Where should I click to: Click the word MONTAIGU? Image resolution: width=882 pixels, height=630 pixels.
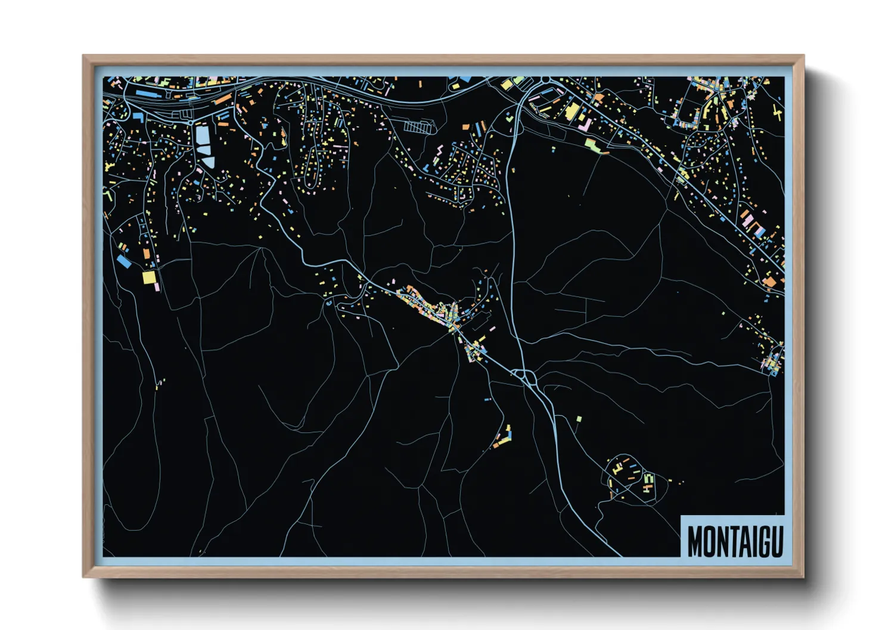pyautogui.click(x=735, y=541)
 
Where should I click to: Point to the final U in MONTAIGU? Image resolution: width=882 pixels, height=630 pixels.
pyautogui.click(x=776, y=541)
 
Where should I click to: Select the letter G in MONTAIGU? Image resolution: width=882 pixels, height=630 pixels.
pyautogui.click(x=762, y=541)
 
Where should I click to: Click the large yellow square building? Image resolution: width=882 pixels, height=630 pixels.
pyautogui.click(x=149, y=277)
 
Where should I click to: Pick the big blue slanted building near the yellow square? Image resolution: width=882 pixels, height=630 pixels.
pyautogui.click(x=124, y=261)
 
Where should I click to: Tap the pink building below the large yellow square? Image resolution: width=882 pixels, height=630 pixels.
pyautogui.click(x=157, y=287)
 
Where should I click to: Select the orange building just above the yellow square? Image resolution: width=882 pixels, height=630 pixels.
pyautogui.click(x=146, y=254)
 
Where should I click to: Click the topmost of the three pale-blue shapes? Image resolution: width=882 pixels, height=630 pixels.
pyautogui.click(x=203, y=136)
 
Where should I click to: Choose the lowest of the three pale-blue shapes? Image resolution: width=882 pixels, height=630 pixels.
pyautogui.click(x=208, y=161)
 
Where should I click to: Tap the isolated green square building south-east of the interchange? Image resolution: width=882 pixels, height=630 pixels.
pyautogui.click(x=579, y=419)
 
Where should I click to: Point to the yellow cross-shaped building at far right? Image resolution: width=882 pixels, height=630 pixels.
pyautogui.click(x=777, y=113)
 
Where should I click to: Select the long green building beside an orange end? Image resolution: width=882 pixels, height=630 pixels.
pyautogui.click(x=594, y=144)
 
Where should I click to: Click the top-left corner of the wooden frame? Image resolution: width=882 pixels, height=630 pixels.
pyautogui.click(x=83, y=56)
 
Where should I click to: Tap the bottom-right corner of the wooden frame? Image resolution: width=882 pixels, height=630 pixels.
pyautogui.click(x=803, y=576)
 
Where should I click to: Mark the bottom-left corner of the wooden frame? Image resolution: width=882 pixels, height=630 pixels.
pyautogui.click(x=83, y=576)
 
